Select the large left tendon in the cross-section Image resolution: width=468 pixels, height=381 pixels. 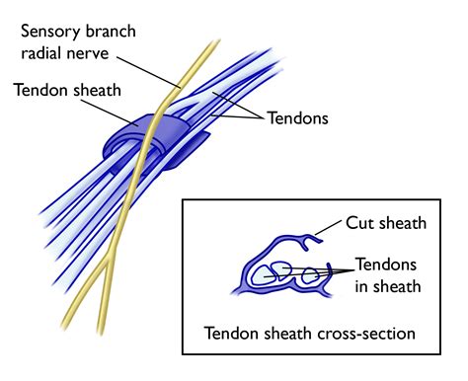pos(271,273)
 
